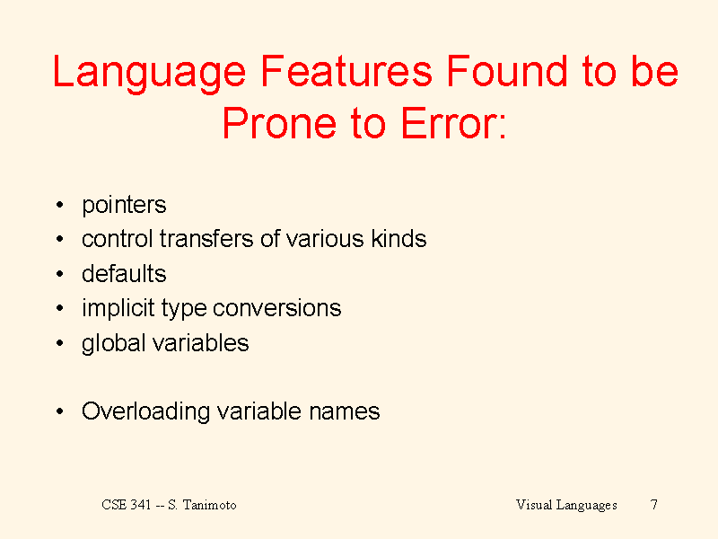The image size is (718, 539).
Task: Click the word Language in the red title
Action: click(149, 74)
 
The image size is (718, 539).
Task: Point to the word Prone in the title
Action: click(279, 123)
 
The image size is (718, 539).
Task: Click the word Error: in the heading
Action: click(454, 123)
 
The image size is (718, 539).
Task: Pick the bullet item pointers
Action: click(124, 206)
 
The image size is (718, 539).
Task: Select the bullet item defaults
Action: click(124, 274)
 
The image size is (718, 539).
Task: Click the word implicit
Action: click(118, 309)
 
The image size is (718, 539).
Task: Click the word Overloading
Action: click(145, 412)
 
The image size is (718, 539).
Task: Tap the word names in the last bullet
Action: click(345, 411)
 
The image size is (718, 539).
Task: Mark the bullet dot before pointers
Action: click(59, 205)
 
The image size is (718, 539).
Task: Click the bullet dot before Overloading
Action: click(59, 411)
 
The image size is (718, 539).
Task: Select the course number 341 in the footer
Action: click(141, 505)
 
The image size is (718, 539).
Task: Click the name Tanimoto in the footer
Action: click(210, 505)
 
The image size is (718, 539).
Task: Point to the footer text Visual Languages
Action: click(566, 505)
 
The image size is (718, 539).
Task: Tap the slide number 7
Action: click(654, 505)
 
